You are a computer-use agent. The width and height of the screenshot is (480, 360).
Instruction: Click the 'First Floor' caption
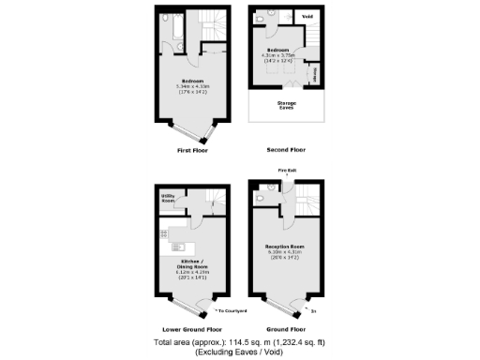pos(191,150)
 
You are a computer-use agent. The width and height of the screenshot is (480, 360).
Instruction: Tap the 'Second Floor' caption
pos(286,150)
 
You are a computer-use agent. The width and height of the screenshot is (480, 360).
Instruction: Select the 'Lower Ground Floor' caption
pos(191,330)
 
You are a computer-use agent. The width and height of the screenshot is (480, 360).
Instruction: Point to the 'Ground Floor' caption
pos(286,330)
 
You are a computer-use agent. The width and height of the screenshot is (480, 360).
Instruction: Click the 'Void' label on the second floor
pos(307,17)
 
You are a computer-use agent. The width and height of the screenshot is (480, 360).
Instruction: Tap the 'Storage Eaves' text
pos(285,105)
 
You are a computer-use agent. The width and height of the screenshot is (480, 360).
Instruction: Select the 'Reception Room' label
pos(285,247)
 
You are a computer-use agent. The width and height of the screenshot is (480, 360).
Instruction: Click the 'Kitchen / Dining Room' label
pos(192,266)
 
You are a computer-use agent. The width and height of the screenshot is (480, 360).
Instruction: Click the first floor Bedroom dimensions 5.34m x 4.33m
pos(192,91)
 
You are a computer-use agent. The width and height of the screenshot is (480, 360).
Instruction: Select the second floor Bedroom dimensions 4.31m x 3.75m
pos(281,55)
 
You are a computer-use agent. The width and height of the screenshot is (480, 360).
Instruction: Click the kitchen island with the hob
pos(175,247)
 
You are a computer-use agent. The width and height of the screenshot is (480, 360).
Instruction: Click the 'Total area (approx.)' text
pos(240,343)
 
